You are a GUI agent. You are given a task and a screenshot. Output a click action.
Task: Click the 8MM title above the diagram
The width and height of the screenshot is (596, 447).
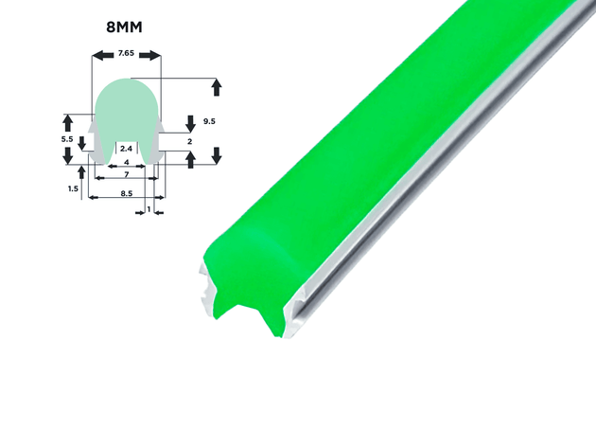[x=124, y=27]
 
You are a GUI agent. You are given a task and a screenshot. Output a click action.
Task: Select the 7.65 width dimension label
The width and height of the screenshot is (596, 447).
[x=126, y=53]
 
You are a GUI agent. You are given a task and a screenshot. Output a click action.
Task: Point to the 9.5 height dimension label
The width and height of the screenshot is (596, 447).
[x=209, y=121]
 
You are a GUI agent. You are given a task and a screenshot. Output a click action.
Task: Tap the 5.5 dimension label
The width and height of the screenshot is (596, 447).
[x=67, y=139]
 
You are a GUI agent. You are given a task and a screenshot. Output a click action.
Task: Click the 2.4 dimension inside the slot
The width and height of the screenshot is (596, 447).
[x=126, y=149]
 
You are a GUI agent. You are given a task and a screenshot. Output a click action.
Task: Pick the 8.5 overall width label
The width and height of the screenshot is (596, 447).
[x=127, y=193]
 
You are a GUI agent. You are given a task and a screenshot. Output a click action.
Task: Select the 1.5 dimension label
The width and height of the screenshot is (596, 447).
[x=73, y=188]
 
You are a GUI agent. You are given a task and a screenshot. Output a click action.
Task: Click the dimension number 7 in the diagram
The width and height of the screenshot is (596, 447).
[x=127, y=174]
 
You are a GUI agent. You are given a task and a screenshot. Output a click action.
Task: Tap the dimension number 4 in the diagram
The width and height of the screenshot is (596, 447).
[x=127, y=163]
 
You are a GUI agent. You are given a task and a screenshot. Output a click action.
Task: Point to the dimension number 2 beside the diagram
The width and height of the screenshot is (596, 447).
[x=189, y=141]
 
